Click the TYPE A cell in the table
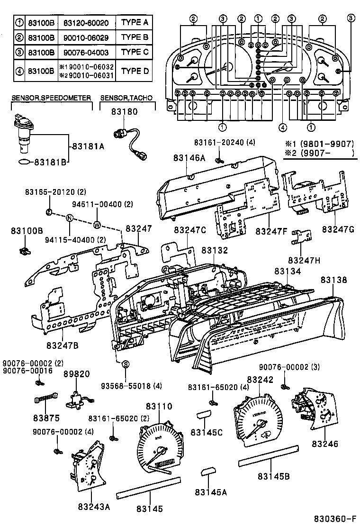tap(135, 22)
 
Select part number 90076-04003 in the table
tap(87, 52)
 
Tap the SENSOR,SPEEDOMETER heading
tap(51, 98)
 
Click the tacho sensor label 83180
tap(125, 112)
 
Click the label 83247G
tap(338, 229)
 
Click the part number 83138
tap(334, 280)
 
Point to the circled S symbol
tap(126, 364)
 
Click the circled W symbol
tap(97, 224)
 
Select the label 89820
tap(77, 373)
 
